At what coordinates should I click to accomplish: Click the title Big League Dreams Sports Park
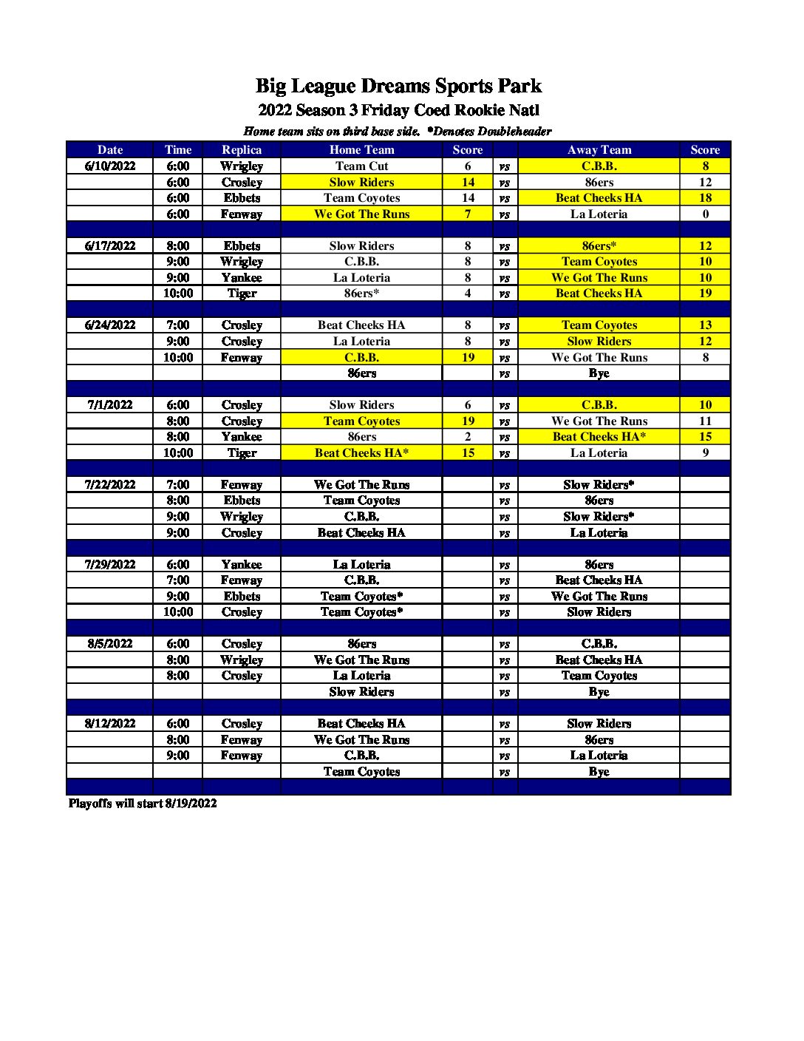click(x=398, y=87)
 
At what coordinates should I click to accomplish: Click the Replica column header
click(x=242, y=149)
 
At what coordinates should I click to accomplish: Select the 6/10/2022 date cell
click(x=110, y=166)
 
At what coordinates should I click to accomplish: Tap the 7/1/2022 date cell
click(x=110, y=404)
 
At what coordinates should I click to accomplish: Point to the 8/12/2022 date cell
click(x=110, y=723)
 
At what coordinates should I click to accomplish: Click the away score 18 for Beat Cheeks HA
click(x=705, y=197)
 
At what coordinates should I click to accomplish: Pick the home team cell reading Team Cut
click(x=361, y=166)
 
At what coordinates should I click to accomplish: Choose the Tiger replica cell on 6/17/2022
click(x=242, y=293)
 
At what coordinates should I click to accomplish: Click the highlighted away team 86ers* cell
click(x=599, y=245)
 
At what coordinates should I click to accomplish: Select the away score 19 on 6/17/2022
click(x=705, y=293)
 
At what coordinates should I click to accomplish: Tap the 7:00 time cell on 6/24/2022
click(x=177, y=325)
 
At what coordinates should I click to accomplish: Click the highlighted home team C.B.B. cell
click(x=361, y=357)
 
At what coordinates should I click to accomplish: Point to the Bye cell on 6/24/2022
click(x=599, y=373)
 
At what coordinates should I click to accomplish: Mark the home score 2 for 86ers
click(x=467, y=436)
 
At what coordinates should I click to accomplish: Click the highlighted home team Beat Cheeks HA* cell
click(x=361, y=452)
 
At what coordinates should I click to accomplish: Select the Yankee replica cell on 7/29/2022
click(x=242, y=564)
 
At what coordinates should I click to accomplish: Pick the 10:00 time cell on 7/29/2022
click(x=177, y=611)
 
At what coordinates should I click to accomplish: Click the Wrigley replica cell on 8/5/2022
click(x=242, y=659)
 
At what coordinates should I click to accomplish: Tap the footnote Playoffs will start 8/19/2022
click(x=143, y=803)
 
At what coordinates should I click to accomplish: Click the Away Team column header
click(x=599, y=149)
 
